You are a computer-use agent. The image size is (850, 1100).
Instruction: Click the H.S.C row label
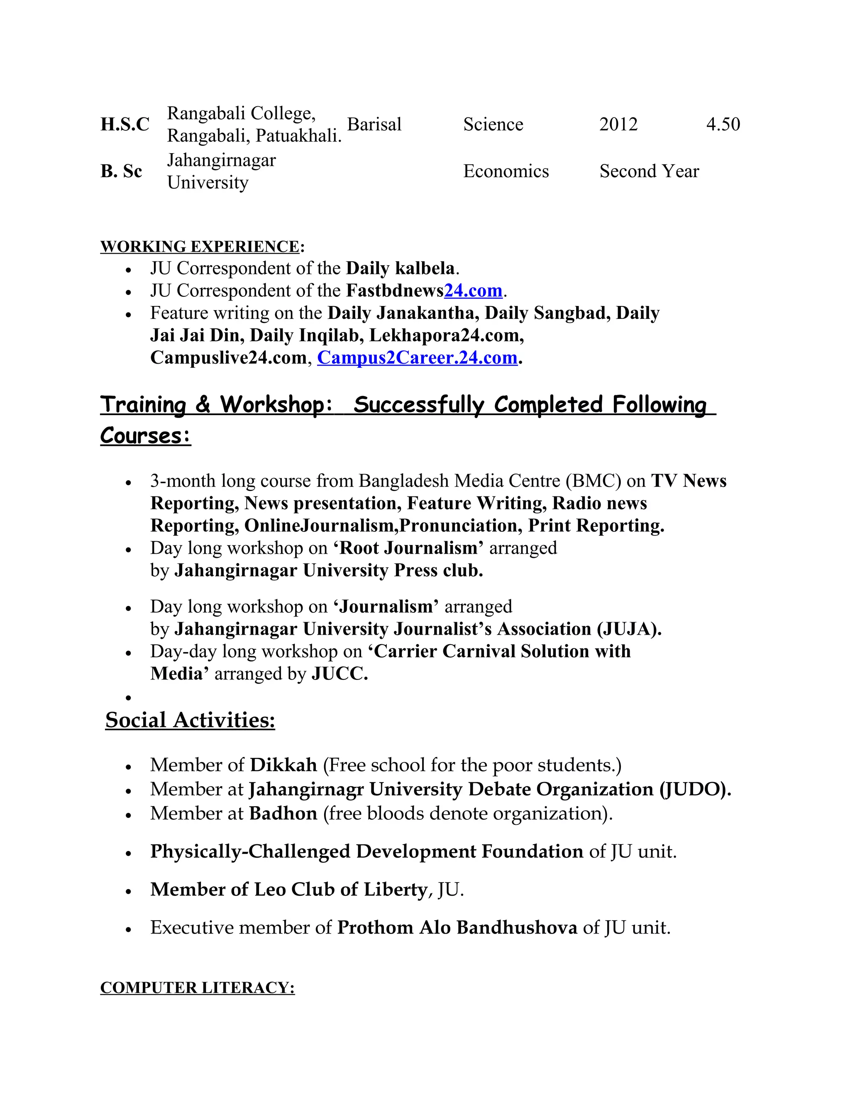click(x=125, y=125)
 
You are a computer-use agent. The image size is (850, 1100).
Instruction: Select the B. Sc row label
click(x=121, y=171)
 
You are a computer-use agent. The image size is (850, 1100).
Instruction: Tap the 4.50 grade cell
click(x=723, y=125)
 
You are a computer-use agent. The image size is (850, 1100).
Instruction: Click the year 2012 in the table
click(x=618, y=125)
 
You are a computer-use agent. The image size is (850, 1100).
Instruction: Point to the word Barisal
click(x=374, y=125)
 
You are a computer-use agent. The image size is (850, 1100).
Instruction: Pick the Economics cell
click(x=506, y=171)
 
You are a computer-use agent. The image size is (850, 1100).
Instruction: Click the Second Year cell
click(x=649, y=171)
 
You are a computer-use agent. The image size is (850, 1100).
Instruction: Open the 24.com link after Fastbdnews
click(x=473, y=291)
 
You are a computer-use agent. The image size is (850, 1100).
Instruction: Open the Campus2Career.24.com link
click(x=417, y=357)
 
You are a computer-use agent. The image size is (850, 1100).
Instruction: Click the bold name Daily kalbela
click(x=401, y=269)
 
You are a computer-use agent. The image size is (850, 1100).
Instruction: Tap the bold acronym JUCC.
click(x=340, y=674)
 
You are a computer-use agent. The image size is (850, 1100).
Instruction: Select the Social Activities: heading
click(x=190, y=720)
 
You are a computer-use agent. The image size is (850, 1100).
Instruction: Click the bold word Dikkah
click(x=283, y=765)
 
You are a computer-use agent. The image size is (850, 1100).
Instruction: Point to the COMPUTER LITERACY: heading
click(x=198, y=988)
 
